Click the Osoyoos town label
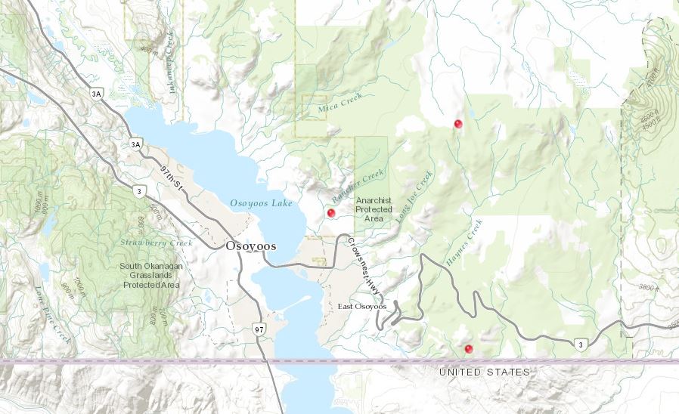(250, 246)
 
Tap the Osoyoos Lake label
(259, 203)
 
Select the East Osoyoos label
(362, 306)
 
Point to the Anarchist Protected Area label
(374, 209)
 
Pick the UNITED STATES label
(485, 372)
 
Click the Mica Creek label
(339, 101)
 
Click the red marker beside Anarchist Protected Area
(330, 213)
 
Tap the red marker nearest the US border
(469, 348)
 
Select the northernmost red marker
(457, 123)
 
